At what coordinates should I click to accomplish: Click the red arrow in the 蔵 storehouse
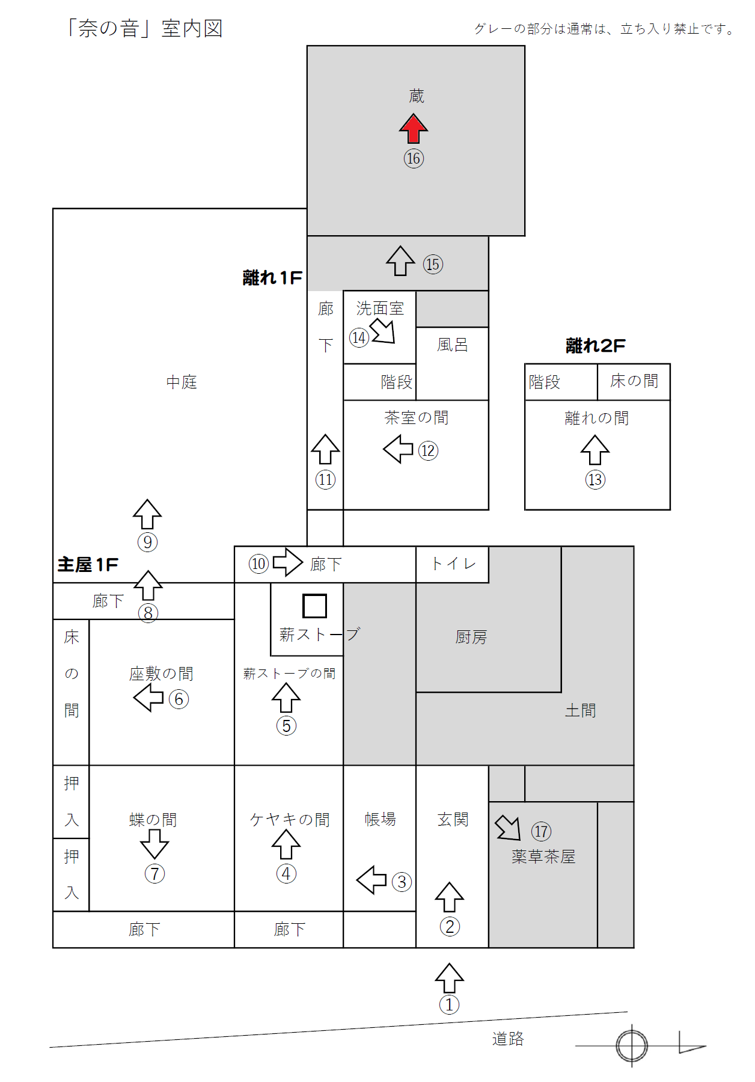[x=414, y=128]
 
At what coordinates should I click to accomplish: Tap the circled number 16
[x=414, y=158]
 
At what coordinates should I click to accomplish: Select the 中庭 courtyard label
[x=182, y=382]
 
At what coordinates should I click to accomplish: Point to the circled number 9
[x=148, y=542]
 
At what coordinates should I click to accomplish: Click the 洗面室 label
[x=380, y=309]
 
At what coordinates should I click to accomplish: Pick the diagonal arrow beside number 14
[x=383, y=331]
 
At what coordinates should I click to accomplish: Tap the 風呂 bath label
[x=452, y=345]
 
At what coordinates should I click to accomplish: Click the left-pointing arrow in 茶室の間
[x=398, y=449]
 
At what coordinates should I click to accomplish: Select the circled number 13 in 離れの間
[x=595, y=479]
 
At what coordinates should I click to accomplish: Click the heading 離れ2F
[x=595, y=346]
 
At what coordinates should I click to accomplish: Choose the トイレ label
[x=453, y=564]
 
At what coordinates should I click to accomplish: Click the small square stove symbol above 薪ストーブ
[x=314, y=606]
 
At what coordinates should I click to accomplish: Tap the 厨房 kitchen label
[x=471, y=637]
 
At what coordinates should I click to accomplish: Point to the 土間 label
[x=580, y=710]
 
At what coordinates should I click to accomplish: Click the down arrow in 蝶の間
[x=154, y=844]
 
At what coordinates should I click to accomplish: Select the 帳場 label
[x=380, y=819]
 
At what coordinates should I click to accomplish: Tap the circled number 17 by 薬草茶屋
[x=541, y=831]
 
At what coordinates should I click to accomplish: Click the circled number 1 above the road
[x=449, y=1004]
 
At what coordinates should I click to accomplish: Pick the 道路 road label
[x=508, y=1039]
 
